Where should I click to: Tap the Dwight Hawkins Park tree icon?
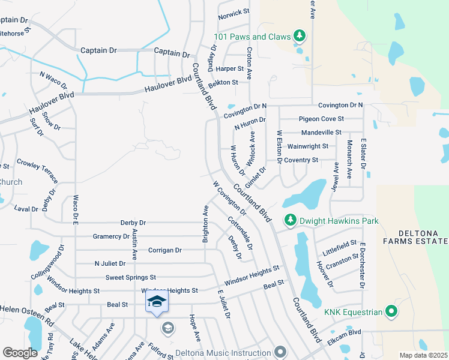pos(291,221)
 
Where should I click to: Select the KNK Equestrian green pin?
pos(391,311)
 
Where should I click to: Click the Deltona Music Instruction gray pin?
pos(280,352)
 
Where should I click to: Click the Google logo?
pos(20,352)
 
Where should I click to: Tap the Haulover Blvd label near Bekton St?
pos(168,85)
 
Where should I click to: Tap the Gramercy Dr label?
pos(107,236)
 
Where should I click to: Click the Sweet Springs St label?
pos(130,277)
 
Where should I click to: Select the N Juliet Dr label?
pos(110,263)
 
